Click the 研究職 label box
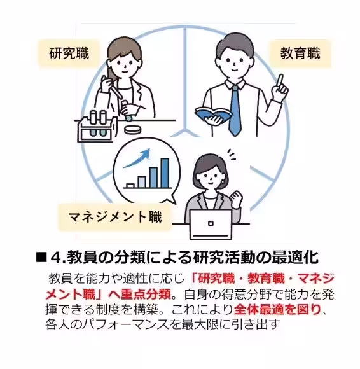pyautogui.click(x=69, y=53)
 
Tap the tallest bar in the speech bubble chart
pyautogui.click(x=166, y=172)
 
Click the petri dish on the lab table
pyautogui.click(x=133, y=128)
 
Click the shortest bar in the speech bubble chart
pyautogui.click(x=130, y=186)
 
